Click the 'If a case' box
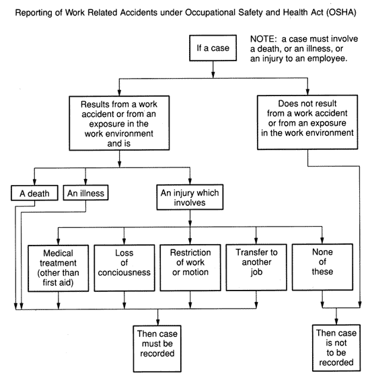click(213, 48)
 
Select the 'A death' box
click(34, 193)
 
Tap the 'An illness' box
click(85, 192)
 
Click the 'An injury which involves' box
click(190, 197)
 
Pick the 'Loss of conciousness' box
click(124, 268)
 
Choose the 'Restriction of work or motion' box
click(190, 268)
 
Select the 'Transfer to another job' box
click(256, 267)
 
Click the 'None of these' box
click(322, 267)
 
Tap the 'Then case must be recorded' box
click(157, 348)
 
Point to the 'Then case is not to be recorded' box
click(336, 348)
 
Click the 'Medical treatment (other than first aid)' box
click(59, 268)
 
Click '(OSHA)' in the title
click(341, 12)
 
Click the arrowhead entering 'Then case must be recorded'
click(158, 322)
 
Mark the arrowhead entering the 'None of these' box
click(322, 241)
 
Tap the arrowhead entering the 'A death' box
click(34, 182)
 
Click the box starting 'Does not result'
click(307, 122)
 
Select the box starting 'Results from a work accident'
click(119, 123)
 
